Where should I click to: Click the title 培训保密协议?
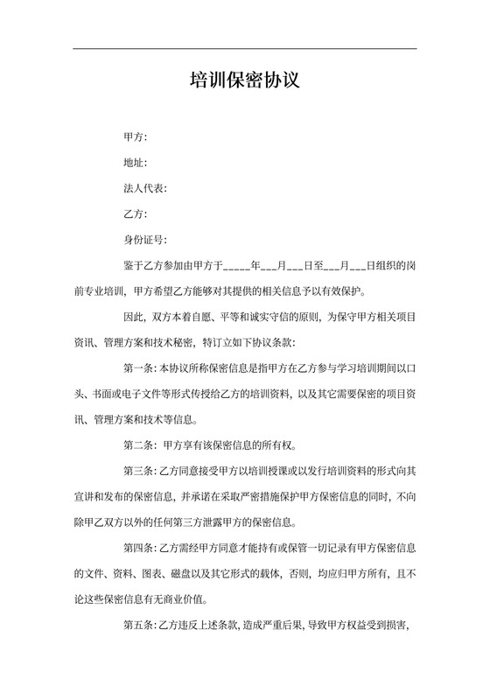tap(245, 81)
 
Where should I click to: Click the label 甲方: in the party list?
tap(136, 138)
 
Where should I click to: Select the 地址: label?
tap(136, 163)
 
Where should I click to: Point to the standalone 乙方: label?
tap(136, 213)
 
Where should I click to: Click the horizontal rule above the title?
tap(245, 49)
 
